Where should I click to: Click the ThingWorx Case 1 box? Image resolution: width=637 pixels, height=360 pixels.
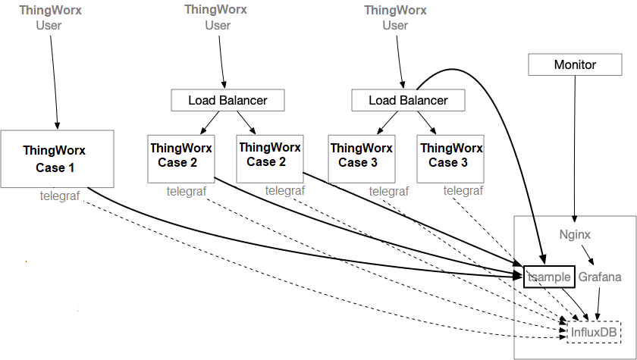57,158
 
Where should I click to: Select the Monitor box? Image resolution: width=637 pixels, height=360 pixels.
575,64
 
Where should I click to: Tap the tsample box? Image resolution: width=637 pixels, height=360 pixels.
549,277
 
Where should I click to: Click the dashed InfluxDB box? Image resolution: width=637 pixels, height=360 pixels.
592,331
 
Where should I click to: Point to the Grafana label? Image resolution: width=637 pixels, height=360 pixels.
600,277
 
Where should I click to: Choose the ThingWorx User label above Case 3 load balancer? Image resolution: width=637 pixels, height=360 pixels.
395,18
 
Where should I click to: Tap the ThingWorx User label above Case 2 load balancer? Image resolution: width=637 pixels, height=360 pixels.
218,18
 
